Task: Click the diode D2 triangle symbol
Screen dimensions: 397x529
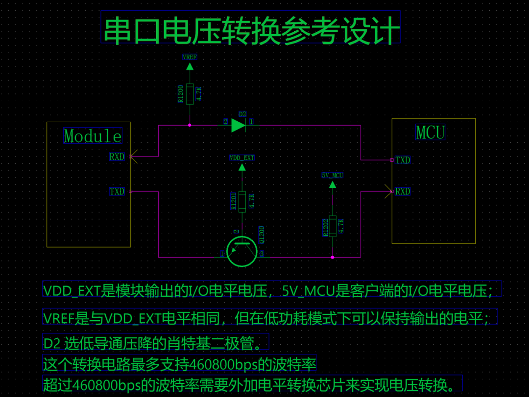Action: click(239, 125)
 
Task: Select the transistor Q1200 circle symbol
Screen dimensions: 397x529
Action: click(242, 251)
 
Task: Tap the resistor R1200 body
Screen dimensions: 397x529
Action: click(190, 92)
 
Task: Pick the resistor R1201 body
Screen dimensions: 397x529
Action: click(241, 201)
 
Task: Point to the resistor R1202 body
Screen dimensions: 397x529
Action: click(333, 226)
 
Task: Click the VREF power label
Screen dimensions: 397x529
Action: click(190, 57)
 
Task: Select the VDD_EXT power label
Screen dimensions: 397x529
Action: click(242, 158)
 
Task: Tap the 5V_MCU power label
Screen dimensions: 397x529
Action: click(333, 175)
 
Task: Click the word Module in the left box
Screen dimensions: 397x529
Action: click(93, 135)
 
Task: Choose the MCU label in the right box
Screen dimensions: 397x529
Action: click(430, 132)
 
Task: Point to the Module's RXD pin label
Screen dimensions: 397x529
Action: click(117, 157)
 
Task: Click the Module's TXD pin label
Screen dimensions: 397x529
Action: click(117, 192)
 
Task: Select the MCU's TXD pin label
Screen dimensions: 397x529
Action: click(403, 160)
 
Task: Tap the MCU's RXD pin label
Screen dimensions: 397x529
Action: click(403, 192)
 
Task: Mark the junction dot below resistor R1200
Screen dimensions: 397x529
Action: click(190, 125)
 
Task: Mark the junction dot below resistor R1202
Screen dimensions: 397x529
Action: click(333, 257)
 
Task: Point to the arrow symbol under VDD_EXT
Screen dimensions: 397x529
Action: click(241, 167)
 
